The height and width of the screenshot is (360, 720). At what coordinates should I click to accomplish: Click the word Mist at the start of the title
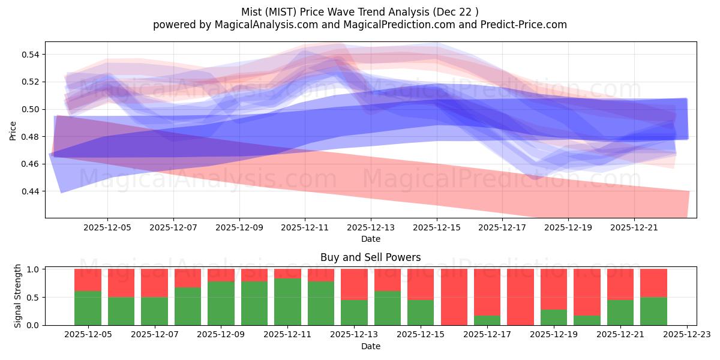coord(252,12)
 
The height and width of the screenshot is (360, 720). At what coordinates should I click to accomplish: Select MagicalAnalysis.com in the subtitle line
coord(262,25)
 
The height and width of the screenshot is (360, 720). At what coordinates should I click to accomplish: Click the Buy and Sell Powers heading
coord(370,257)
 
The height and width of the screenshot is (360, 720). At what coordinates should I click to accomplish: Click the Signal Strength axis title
coord(18,296)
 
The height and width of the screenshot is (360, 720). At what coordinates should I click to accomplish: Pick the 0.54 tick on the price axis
coord(30,55)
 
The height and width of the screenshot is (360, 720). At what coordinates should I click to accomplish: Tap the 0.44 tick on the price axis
coord(30,191)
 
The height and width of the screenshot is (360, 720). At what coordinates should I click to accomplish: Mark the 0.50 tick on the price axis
coord(30,109)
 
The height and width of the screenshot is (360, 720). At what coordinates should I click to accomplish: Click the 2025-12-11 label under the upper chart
coord(305,228)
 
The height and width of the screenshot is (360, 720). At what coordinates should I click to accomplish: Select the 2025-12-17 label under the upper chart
coord(503,228)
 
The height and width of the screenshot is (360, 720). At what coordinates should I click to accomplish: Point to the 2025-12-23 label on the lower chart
coord(686,334)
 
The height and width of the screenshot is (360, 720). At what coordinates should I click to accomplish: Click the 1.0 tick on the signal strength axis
coord(34,269)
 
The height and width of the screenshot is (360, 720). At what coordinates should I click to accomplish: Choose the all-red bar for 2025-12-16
coord(454,297)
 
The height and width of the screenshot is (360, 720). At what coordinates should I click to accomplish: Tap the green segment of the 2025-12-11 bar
coord(287,302)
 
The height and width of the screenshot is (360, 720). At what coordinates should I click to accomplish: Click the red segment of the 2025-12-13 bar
coord(354,284)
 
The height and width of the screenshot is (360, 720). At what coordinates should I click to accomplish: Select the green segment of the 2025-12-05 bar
coord(88,308)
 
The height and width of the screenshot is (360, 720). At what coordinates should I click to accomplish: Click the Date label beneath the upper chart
coord(370,239)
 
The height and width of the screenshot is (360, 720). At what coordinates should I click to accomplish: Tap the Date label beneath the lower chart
coord(370,346)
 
